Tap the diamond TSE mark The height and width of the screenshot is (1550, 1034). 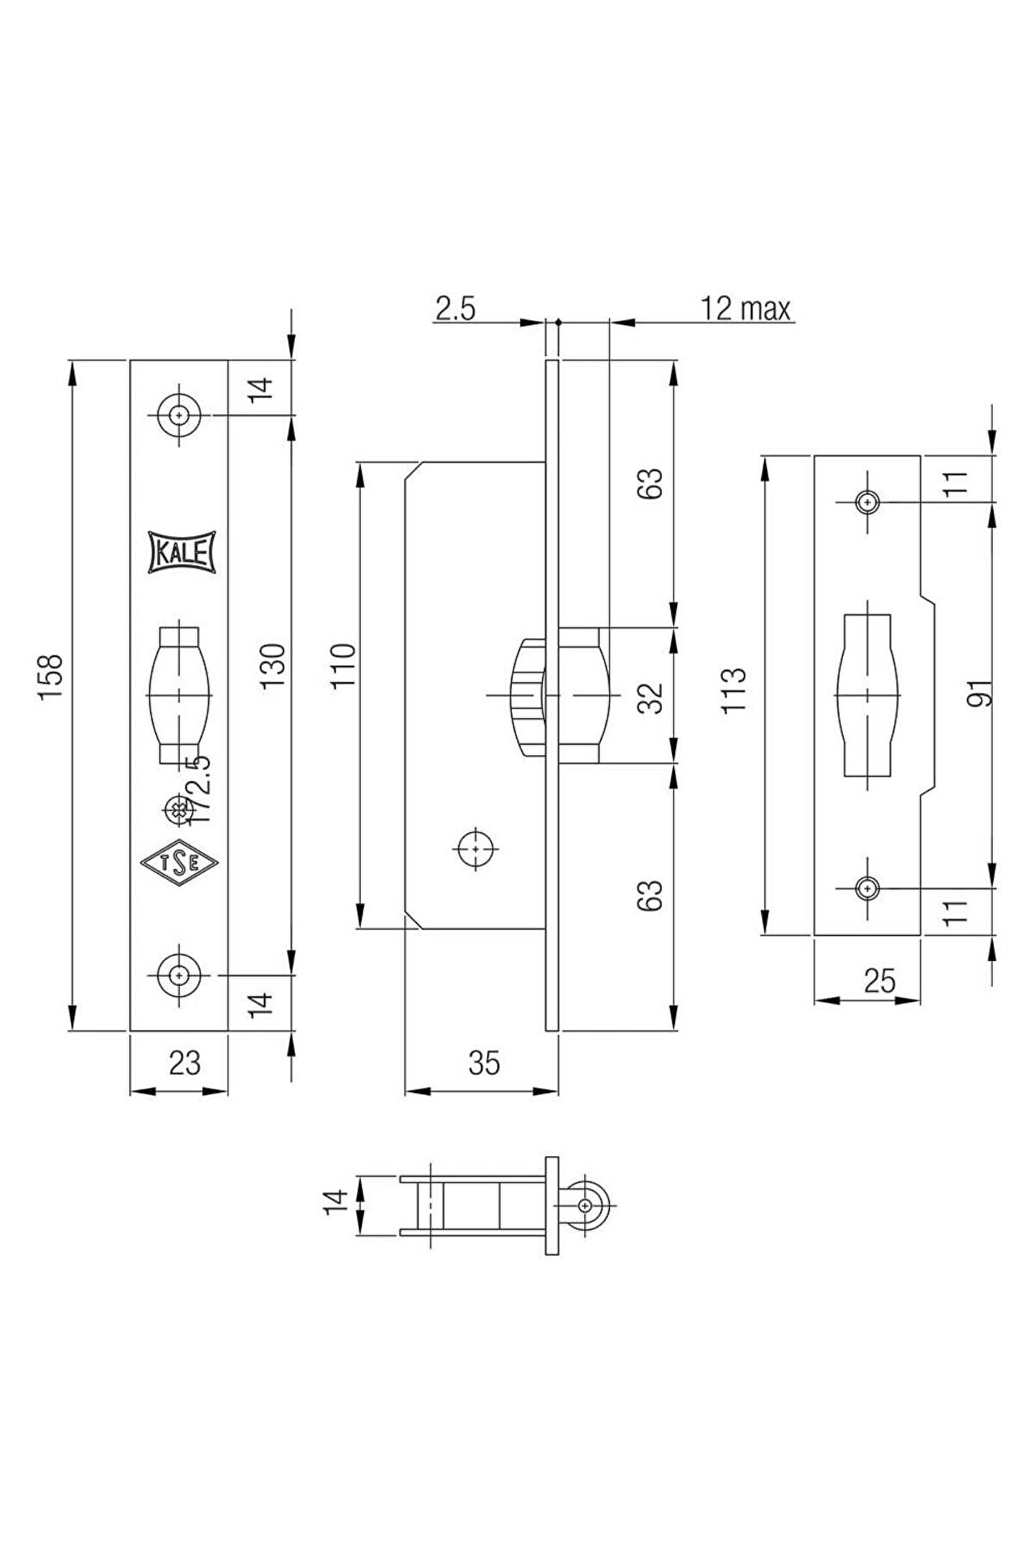pos(180,863)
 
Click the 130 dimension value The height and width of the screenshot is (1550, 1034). pos(274,666)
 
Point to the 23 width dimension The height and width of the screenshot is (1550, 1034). pos(184,1062)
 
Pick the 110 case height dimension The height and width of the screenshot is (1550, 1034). pos(344,665)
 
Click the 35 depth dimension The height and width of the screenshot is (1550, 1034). pos(483,1062)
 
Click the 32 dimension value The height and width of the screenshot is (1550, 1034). pos(651,697)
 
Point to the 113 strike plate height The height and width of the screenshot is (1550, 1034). pos(734,690)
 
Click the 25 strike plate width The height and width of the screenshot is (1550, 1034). pos(880,980)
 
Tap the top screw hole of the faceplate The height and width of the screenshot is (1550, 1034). pos(179,415)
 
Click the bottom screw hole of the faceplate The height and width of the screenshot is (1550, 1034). pos(179,975)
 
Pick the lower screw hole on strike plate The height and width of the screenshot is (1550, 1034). pos(868,888)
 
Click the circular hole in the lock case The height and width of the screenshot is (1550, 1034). pos(476,848)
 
